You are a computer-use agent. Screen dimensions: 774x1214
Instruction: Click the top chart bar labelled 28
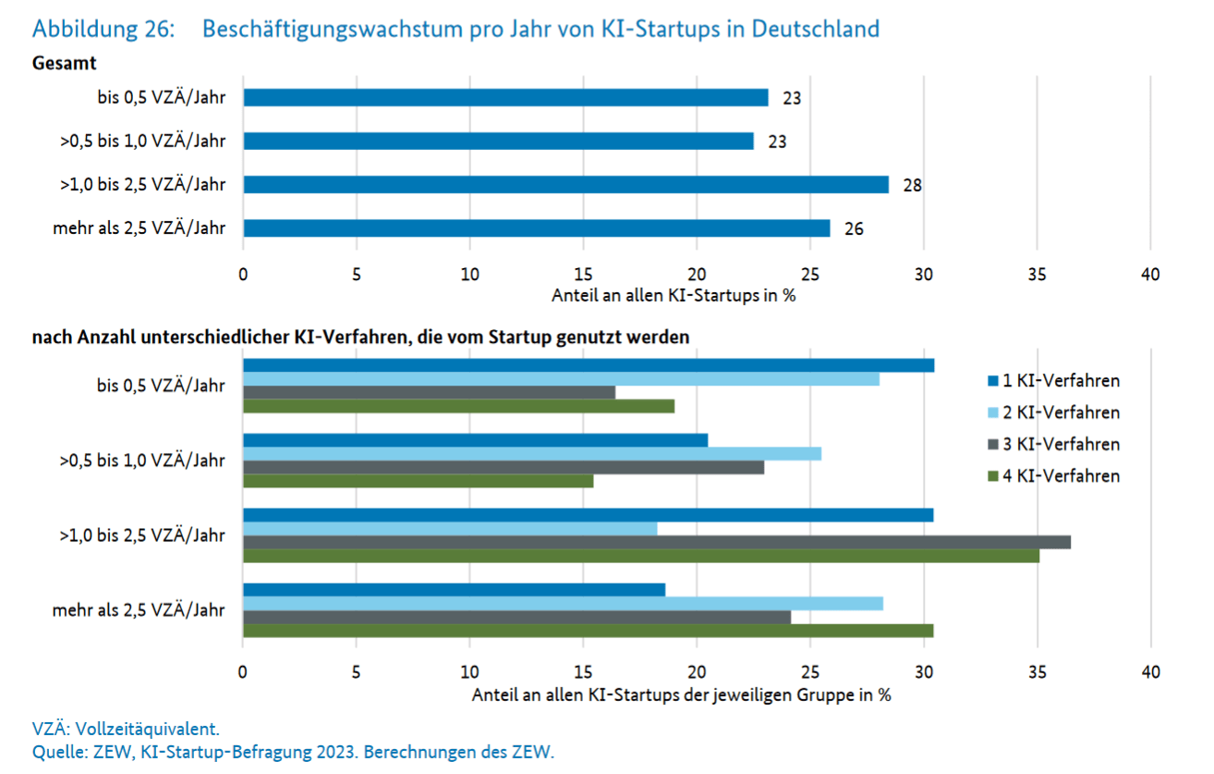(x=565, y=185)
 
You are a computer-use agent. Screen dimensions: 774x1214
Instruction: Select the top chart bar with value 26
(x=536, y=228)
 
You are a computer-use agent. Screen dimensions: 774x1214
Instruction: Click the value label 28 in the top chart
(x=913, y=185)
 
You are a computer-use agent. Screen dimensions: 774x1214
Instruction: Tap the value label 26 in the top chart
(x=854, y=228)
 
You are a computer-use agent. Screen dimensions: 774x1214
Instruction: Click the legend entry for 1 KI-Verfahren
(x=1053, y=380)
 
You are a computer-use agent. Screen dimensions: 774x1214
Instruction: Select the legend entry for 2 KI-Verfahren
(x=1053, y=412)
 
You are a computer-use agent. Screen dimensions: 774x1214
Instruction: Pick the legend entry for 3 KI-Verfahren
(x=1053, y=444)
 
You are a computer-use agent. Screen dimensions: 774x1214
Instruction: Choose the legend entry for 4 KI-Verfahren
(x=1053, y=476)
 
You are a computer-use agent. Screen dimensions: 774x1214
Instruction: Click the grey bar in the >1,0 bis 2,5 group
(x=656, y=542)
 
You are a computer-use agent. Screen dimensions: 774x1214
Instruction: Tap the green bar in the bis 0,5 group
(x=458, y=406)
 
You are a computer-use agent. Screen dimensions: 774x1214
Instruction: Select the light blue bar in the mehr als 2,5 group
(x=563, y=604)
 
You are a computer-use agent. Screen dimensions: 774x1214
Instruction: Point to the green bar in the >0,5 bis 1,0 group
(x=418, y=481)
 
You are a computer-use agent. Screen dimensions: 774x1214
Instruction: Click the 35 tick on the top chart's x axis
(x=1037, y=275)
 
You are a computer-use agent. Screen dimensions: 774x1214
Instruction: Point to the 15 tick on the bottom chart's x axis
(x=583, y=672)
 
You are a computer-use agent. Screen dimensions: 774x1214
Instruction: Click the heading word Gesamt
(x=65, y=64)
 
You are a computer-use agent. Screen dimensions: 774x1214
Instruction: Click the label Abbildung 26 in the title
(x=103, y=30)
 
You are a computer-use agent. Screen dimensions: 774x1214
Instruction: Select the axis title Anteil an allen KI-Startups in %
(x=674, y=297)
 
